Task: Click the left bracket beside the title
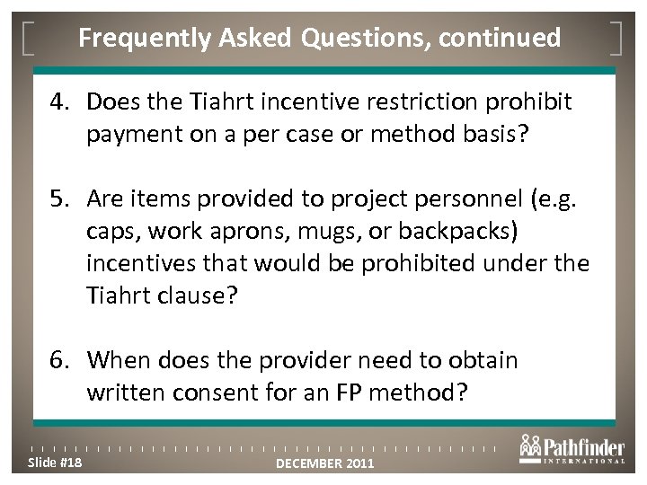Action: [31, 38]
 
